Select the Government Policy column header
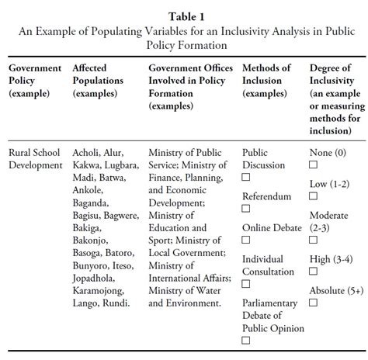tap(35, 80)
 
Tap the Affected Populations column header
tap(99, 80)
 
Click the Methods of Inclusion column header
tap(267, 80)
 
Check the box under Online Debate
tap(246, 241)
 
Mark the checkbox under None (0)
tap(313, 165)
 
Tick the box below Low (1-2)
tap(313, 196)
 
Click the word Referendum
tap(267, 197)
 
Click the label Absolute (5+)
tap(335, 291)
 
